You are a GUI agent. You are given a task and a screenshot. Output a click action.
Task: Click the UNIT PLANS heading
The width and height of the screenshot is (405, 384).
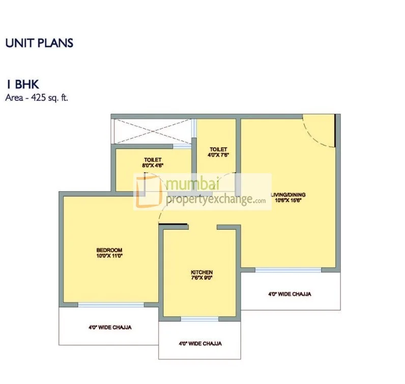tap(39, 43)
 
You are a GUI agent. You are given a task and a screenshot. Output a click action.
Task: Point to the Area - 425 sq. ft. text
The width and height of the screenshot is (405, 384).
tap(37, 98)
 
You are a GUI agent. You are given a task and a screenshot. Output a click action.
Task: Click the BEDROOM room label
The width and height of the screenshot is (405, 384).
tap(109, 250)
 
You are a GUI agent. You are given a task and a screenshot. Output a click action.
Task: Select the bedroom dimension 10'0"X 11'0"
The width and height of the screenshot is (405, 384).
tap(109, 256)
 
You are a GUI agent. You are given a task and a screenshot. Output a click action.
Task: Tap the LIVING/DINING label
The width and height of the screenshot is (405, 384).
tap(288, 195)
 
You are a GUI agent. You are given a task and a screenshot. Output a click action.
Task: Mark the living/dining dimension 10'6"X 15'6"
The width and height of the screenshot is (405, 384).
tap(288, 201)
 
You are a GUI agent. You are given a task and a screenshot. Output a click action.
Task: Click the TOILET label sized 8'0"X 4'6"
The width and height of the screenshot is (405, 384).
tap(153, 160)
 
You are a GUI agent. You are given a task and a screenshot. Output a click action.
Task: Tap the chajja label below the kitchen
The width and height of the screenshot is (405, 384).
tap(200, 343)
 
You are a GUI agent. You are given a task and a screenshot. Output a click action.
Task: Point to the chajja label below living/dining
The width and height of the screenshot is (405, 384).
tap(290, 294)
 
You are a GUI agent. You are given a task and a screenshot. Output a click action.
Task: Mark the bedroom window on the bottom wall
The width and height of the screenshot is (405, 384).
tap(110, 305)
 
